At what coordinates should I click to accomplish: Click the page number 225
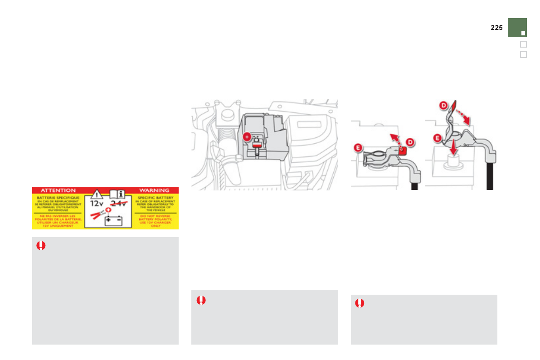pyautogui.click(x=496, y=28)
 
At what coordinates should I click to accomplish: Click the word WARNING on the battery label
pyautogui.click(x=154, y=190)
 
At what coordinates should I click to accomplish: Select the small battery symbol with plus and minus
pyautogui.click(x=114, y=221)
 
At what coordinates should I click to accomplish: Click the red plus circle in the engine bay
pyautogui.click(x=247, y=136)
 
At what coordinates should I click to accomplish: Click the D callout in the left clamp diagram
pyautogui.click(x=410, y=142)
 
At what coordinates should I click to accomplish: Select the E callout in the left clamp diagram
pyautogui.click(x=358, y=148)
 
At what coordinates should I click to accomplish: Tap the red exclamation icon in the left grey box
pyautogui.click(x=41, y=246)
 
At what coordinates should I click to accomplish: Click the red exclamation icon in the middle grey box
pyautogui.click(x=201, y=300)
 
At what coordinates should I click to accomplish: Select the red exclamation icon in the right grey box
pyautogui.click(x=360, y=303)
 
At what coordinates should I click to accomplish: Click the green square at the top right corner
pyautogui.click(x=517, y=27)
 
